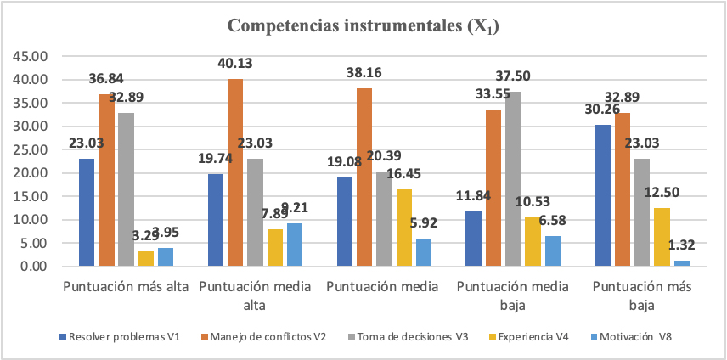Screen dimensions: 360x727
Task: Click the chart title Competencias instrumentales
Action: [x=363, y=26]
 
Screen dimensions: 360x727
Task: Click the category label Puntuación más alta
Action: [x=126, y=286]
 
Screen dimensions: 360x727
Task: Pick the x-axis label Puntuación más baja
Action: [x=642, y=294]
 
